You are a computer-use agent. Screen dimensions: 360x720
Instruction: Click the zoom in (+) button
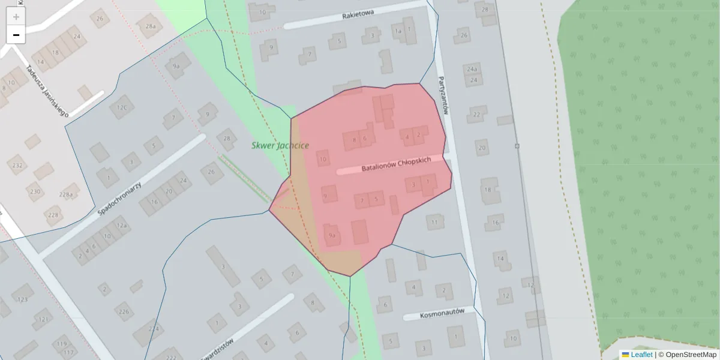16,17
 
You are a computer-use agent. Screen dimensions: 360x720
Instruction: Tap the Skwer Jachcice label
280,145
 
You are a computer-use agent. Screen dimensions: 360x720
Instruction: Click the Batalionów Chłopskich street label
396,164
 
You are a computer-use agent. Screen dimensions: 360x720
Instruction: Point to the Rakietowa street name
358,14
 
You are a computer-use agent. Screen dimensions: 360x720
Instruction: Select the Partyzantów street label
444,95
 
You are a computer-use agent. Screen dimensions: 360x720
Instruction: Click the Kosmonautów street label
442,313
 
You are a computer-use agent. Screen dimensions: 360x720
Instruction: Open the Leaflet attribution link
641,355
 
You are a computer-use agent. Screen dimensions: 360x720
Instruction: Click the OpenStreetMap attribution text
691,355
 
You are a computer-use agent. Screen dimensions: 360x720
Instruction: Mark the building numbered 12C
122,107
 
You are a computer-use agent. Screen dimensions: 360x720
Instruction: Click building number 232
17,165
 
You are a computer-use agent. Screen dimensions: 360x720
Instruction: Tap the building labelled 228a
66,194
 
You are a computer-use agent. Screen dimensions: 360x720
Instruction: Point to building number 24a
472,69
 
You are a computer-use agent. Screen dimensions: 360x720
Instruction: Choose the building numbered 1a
397,31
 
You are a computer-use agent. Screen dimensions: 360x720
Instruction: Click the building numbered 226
124,311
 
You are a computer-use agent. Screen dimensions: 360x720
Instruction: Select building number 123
23,299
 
